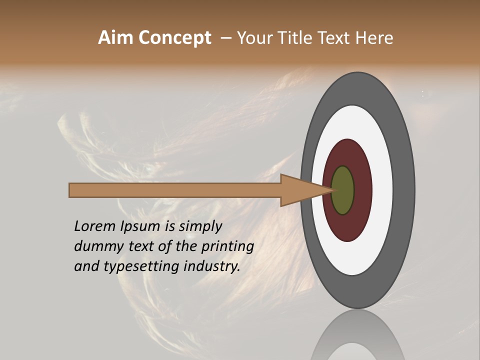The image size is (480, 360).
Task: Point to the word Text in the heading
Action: click(335, 37)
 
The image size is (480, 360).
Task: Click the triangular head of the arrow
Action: click(300, 190)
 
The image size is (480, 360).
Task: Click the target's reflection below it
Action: click(357, 337)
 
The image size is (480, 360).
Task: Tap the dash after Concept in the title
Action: click(226, 38)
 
